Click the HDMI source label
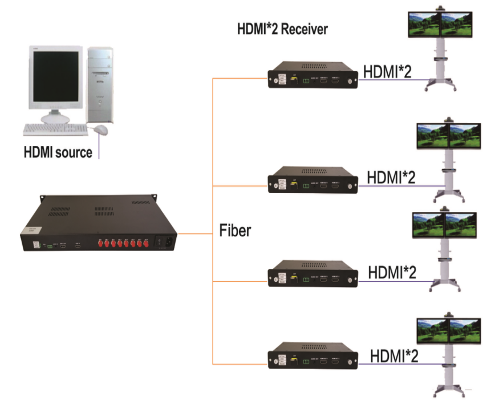click(58, 153)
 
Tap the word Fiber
click(235, 231)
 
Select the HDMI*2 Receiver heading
click(282, 28)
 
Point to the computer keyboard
click(55, 130)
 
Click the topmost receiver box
click(314, 76)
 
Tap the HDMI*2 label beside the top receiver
click(387, 71)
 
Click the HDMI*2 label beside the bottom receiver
click(394, 355)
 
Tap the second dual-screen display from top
click(447, 136)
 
